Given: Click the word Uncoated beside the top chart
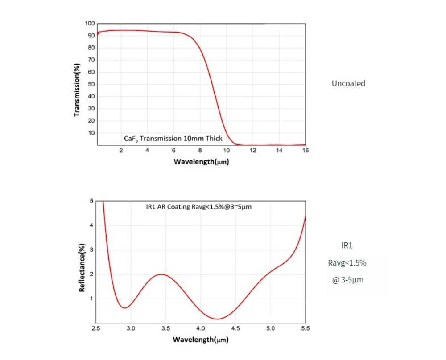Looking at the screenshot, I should (348, 83).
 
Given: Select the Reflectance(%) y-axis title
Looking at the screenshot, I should (82, 267).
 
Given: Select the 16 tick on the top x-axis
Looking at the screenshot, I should (306, 151).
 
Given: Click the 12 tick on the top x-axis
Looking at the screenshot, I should (252, 151).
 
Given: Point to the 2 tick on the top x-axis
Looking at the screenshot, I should (121, 151).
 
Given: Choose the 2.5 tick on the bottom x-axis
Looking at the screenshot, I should (95, 328).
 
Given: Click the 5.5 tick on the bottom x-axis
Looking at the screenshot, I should (305, 328).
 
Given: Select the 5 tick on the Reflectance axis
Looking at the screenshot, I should (91, 201).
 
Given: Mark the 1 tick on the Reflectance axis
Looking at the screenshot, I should (91, 299).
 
